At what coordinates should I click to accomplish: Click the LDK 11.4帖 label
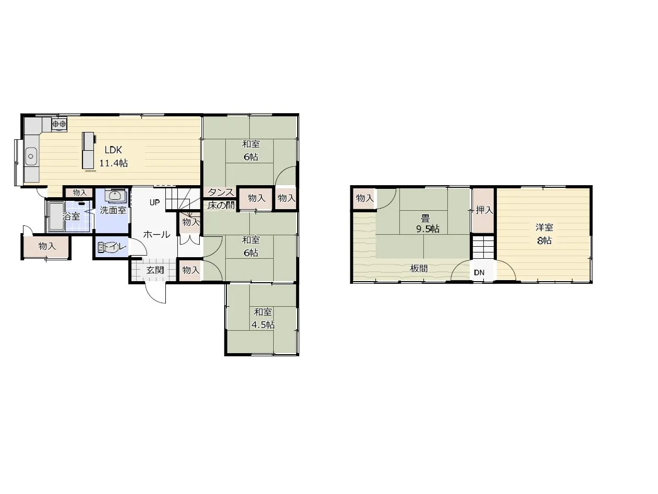click(x=113, y=156)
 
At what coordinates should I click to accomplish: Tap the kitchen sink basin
click(x=31, y=156)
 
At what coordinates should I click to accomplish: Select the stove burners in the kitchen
click(x=59, y=124)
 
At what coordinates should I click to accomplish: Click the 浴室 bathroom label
click(x=71, y=216)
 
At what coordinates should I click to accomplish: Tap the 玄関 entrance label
click(x=155, y=270)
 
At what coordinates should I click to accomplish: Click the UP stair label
click(x=155, y=202)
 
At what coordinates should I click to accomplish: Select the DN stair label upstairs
click(x=479, y=272)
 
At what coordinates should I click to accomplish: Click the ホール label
click(x=156, y=235)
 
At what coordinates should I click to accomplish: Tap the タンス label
click(x=221, y=192)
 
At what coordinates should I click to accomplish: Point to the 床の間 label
click(x=221, y=205)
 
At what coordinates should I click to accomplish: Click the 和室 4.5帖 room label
click(x=263, y=318)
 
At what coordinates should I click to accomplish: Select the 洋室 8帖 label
click(x=544, y=234)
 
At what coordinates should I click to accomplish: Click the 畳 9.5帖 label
click(x=427, y=223)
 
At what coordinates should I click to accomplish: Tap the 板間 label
click(x=419, y=269)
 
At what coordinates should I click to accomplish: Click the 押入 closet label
click(x=484, y=210)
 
